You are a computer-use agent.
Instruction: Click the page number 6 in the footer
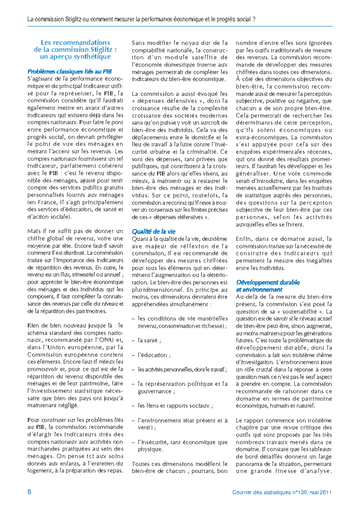[x=29, y=492]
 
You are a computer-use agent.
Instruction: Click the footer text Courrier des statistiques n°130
[x=270, y=492]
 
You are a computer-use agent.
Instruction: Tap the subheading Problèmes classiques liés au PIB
[x=70, y=71]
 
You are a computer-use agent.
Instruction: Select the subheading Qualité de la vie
[x=154, y=231]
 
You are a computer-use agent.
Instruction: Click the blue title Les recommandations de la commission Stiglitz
[x=75, y=50]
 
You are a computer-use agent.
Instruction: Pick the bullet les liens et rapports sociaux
[x=175, y=406]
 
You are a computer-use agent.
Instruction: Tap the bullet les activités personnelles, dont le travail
[x=182, y=369]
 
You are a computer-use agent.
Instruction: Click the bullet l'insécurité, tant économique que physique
[x=182, y=442]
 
